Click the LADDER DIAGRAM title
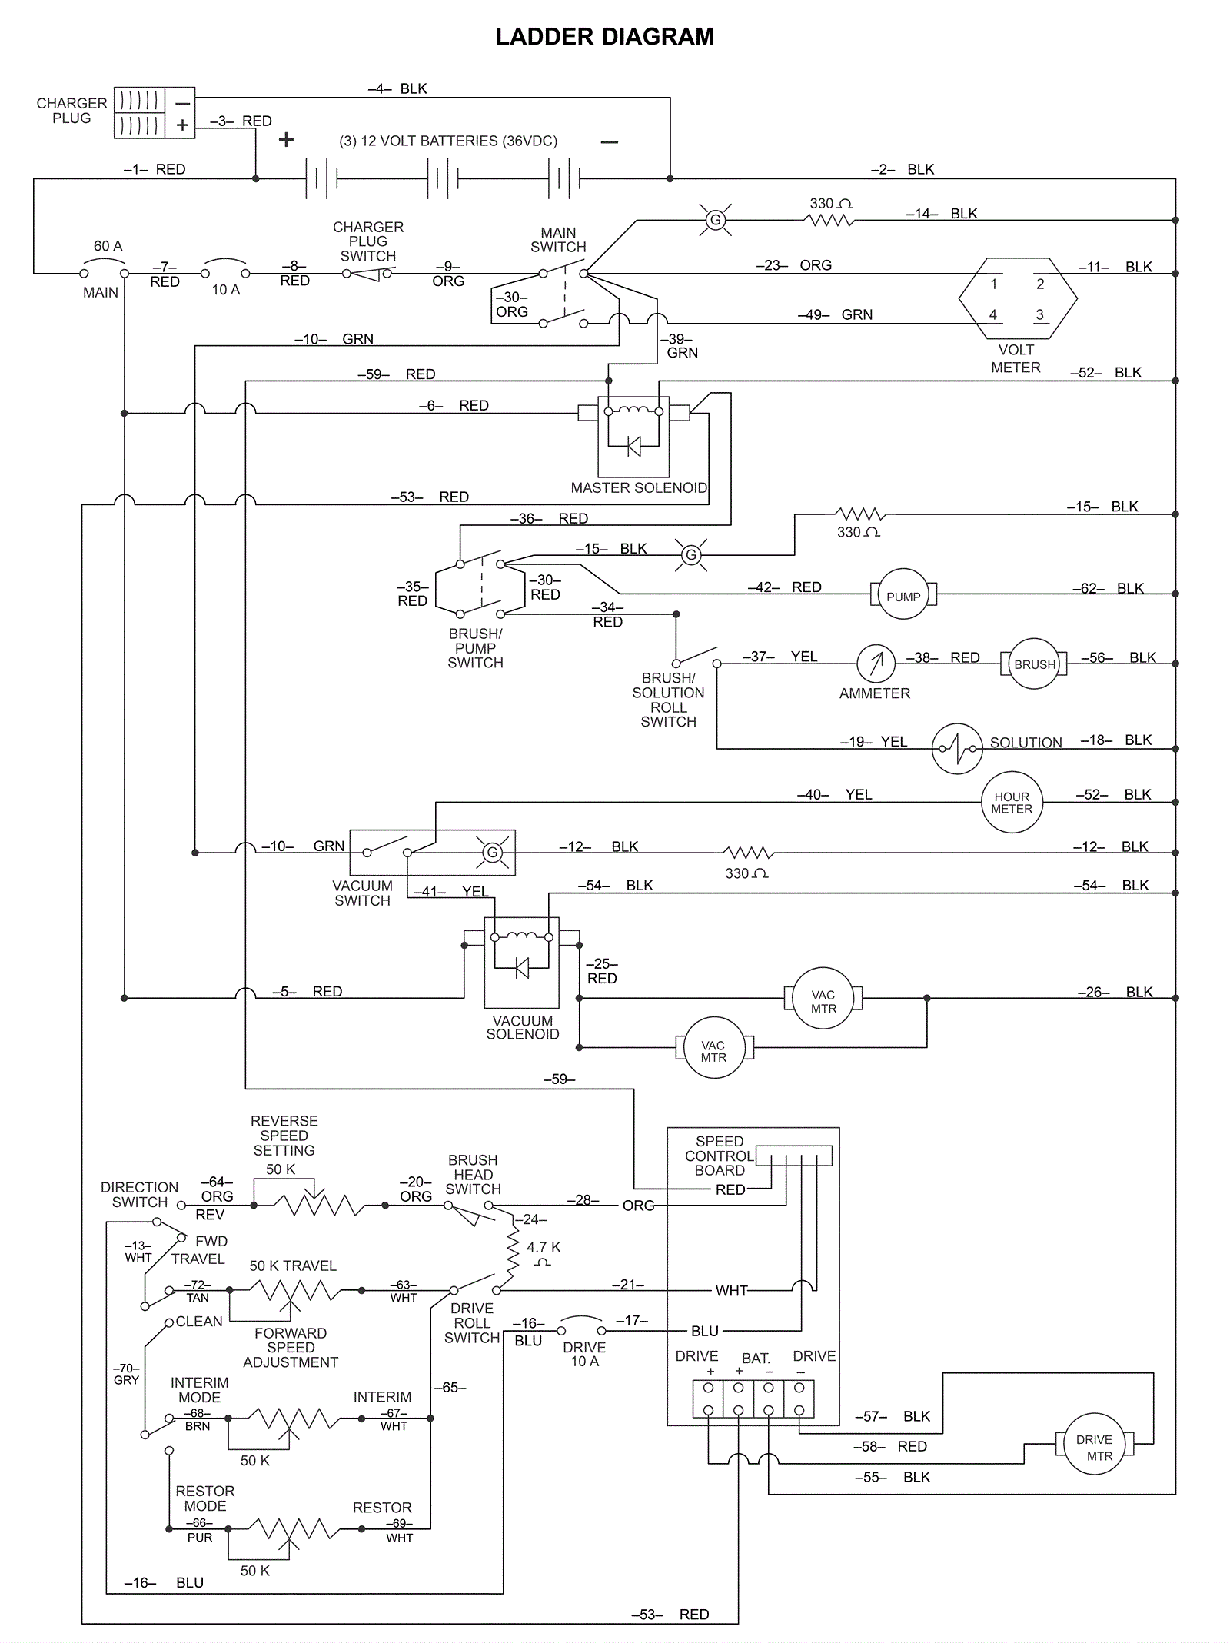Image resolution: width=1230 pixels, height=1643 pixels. (604, 37)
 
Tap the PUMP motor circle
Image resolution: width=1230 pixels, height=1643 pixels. (903, 594)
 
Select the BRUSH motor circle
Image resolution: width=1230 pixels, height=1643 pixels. (1034, 664)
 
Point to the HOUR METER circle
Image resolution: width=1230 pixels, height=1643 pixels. (1012, 803)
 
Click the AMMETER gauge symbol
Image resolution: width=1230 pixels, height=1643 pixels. (876, 663)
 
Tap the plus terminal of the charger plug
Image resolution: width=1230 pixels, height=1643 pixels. (182, 125)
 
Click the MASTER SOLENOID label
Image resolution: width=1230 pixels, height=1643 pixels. (639, 487)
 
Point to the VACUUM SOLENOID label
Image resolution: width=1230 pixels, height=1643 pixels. (523, 1027)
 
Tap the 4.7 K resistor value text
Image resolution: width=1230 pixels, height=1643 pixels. (544, 1247)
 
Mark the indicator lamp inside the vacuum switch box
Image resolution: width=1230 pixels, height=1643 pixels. (493, 852)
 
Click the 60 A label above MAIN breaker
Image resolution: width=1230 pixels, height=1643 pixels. (108, 246)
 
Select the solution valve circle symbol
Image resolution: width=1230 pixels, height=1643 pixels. (957, 748)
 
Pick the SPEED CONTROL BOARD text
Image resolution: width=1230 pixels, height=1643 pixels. (720, 1156)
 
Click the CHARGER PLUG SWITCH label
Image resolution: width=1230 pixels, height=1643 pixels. (368, 241)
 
